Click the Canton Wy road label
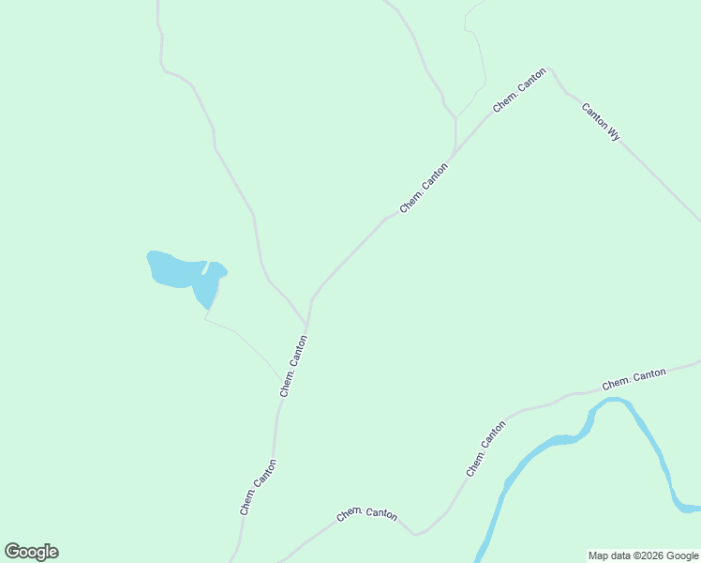click(x=601, y=121)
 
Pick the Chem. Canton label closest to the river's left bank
click(x=486, y=449)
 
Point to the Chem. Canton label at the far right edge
click(x=634, y=379)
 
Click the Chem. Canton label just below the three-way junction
click(x=293, y=366)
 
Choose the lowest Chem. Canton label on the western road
click(x=258, y=486)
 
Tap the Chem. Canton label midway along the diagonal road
click(x=424, y=188)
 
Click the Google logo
click(x=31, y=552)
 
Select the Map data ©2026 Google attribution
click(x=643, y=555)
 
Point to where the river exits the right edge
click(x=694, y=509)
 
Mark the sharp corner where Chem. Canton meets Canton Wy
click(x=550, y=68)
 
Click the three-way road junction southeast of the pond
click(x=307, y=325)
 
